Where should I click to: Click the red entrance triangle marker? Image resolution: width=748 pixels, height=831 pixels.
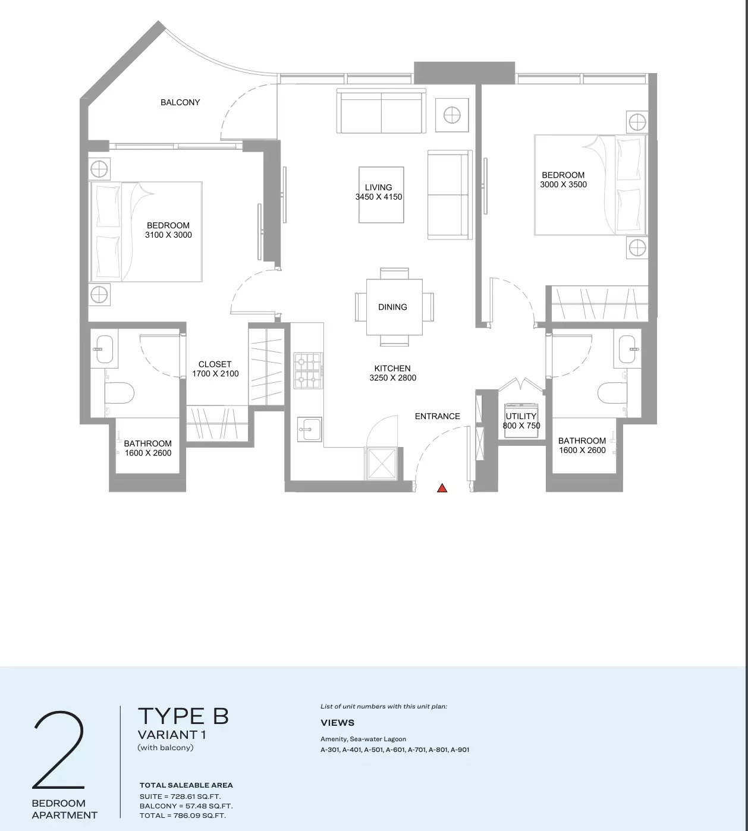[x=442, y=489]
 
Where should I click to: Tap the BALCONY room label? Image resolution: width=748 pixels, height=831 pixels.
[x=180, y=102]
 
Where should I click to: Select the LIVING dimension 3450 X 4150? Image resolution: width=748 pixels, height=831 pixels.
[x=379, y=197]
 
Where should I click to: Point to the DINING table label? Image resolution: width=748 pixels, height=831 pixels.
[x=392, y=307]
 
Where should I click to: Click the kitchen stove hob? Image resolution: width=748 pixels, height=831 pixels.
[x=308, y=371]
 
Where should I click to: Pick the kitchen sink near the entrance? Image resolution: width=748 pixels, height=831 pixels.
[x=310, y=429]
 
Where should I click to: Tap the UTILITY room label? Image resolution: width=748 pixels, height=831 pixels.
[x=521, y=416]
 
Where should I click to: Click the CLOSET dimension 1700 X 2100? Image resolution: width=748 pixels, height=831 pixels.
[x=215, y=374]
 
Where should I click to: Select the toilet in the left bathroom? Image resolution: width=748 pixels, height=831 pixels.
[x=120, y=392]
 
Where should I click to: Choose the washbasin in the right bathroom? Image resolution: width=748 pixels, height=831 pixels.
[x=627, y=349]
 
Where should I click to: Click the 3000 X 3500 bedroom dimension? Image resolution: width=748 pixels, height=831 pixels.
[x=564, y=185]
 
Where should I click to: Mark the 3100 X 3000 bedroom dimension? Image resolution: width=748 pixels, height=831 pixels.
[x=168, y=235]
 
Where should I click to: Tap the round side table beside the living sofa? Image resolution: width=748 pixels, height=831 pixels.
[x=452, y=115]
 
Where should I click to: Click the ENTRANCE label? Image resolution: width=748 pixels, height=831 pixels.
[x=438, y=416]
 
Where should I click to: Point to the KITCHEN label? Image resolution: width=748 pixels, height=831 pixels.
[x=392, y=369]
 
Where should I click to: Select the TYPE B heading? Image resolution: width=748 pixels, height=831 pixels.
[x=183, y=716]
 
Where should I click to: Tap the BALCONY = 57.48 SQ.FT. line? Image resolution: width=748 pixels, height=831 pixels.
[x=186, y=806]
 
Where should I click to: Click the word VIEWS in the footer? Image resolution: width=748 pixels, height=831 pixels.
[x=337, y=723]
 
